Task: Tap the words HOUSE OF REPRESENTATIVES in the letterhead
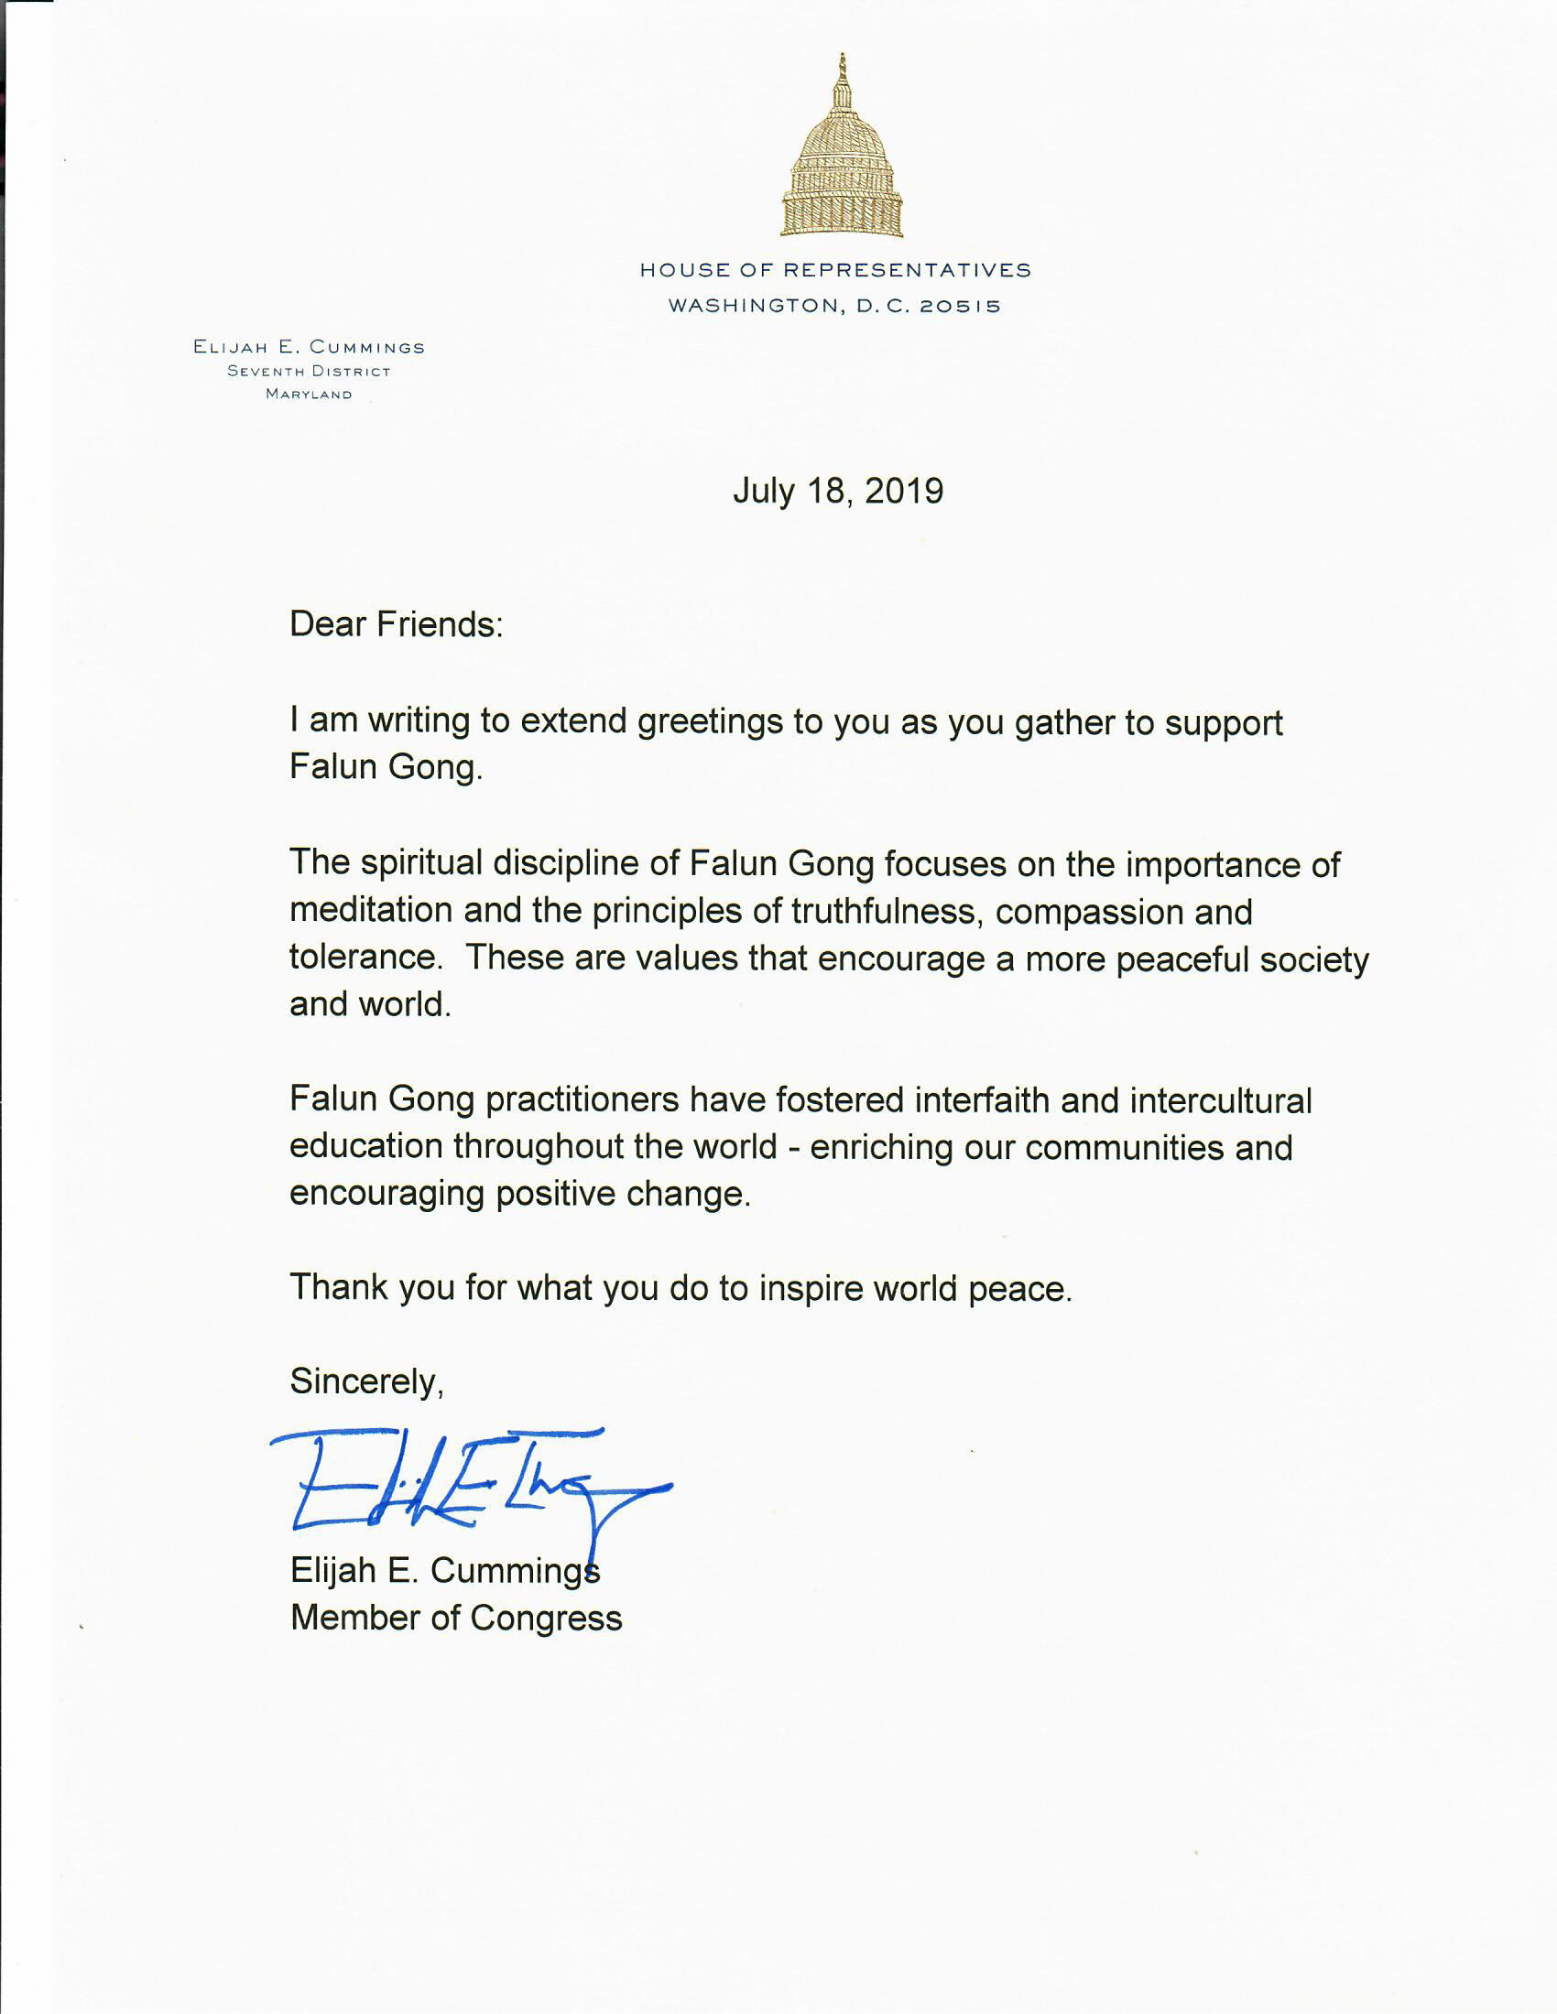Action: [835, 270]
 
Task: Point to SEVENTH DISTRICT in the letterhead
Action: [309, 372]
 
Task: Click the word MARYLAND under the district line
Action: [309, 395]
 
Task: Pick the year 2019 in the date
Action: [904, 491]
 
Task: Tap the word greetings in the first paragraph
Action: [710, 722]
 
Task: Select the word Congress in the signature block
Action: [546, 1619]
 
